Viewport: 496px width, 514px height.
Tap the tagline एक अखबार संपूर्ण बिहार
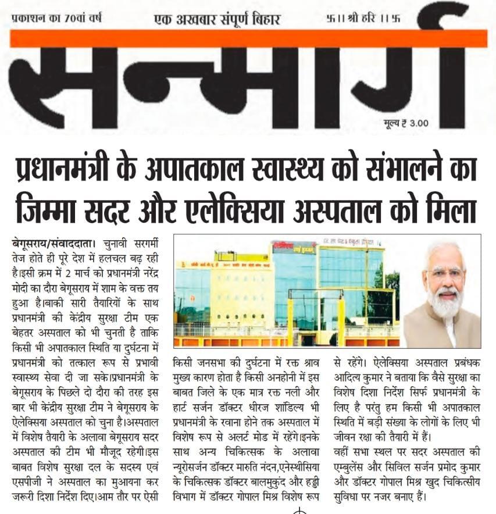click(x=217, y=19)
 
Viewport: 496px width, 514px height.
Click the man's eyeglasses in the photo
click(x=445, y=273)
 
